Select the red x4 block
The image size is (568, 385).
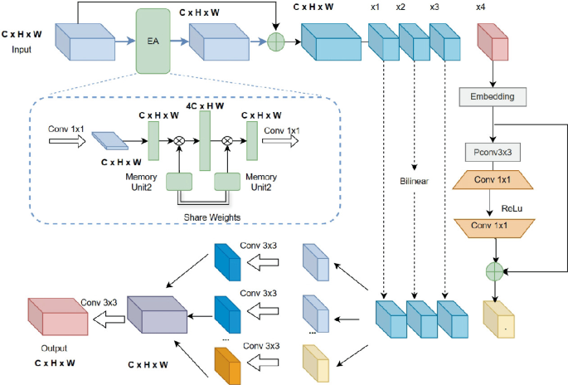click(x=491, y=43)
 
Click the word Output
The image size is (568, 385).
click(x=51, y=348)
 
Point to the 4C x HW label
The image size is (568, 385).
click(x=204, y=107)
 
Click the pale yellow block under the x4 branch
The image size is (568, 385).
click(x=499, y=319)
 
